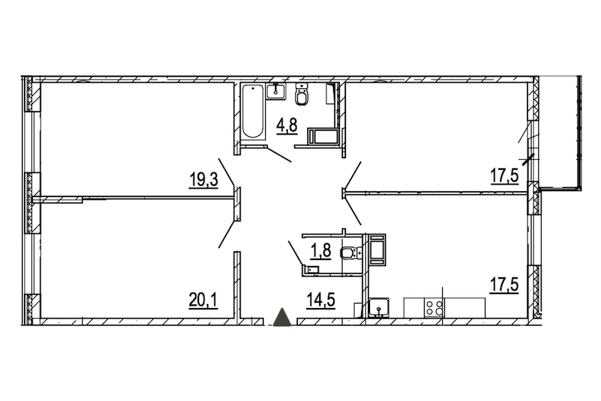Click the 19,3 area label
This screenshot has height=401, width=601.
coord(204,180)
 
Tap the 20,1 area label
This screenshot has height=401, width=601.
coord(204,300)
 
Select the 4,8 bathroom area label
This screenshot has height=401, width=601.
coord(287,126)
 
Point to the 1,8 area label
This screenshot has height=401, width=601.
coord(321,253)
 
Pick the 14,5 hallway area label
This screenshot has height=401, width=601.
coord(321,300)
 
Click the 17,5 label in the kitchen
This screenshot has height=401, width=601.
coord(504,285)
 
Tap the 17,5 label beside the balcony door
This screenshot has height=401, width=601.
coord(504,178)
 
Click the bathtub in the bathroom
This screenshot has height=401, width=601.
coord(253,112)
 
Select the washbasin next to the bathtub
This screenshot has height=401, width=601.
coord(276,92)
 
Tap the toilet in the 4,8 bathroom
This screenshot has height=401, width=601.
coord(302,95)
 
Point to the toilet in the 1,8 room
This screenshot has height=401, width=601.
coord(351,253)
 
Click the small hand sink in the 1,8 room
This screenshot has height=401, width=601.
coord(310,270)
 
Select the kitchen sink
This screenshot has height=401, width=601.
coord(379,307)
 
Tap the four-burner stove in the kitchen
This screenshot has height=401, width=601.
coord(434,307)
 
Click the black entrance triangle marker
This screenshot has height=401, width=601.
coord(283,317)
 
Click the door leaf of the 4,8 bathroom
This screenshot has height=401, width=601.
coord(279,154)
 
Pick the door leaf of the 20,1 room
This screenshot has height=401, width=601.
coord(226,234)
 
